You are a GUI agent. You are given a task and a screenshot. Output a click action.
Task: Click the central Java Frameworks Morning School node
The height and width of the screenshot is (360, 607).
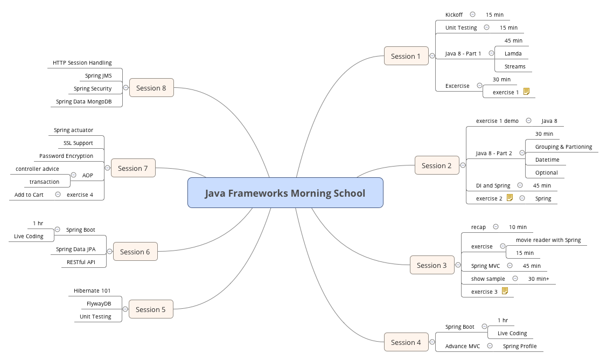click(285, 193)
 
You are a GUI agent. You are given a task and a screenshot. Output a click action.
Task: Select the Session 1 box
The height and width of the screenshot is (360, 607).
click(406, 56)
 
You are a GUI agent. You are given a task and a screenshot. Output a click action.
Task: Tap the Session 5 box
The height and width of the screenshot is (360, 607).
click(151, 309)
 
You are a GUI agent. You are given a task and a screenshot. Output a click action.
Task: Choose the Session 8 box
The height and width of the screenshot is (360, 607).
click(151, 88)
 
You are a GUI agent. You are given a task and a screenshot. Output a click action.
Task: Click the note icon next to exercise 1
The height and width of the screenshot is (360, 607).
click(526, 92)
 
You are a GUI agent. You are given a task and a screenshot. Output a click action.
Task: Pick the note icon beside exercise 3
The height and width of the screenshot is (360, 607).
click(505, 291)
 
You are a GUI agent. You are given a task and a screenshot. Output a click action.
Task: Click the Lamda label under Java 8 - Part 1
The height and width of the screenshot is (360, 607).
click(513, 53)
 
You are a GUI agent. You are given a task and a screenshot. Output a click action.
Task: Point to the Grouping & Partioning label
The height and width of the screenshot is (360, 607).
click(563, 147)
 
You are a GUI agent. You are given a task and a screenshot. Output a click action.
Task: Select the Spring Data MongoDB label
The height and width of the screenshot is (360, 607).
click(83, 101)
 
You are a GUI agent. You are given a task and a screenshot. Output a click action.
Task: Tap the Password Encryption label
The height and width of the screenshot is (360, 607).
click(66, 156)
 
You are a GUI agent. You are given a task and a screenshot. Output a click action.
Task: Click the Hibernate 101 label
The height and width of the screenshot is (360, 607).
click(92, 290)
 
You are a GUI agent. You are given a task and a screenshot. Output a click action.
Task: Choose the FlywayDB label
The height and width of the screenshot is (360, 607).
click(99, 303)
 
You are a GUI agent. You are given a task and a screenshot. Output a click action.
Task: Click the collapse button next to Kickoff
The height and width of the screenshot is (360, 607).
click(472, 15)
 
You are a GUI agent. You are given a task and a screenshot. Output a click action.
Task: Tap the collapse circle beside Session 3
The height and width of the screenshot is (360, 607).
click(458, 265)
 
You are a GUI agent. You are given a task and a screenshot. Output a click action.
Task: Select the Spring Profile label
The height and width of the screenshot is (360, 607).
click(520, 346)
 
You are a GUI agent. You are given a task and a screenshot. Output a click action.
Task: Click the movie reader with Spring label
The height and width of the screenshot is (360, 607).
click(548, 240)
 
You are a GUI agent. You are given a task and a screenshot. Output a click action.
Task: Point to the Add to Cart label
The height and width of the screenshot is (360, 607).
click(29, 195)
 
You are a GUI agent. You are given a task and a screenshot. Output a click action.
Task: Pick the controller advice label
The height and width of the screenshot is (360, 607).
click(37, 169)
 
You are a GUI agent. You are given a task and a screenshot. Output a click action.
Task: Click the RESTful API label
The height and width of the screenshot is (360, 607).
click(81, 262)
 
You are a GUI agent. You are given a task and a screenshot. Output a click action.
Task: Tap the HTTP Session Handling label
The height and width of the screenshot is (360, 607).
click(82, 63)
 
